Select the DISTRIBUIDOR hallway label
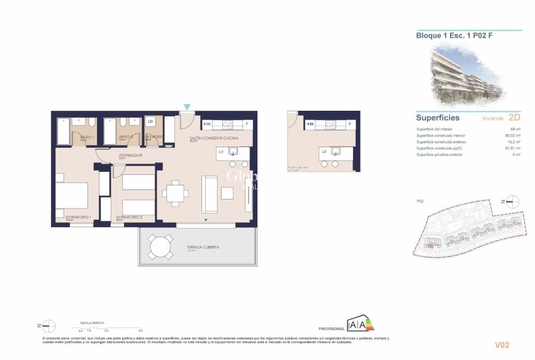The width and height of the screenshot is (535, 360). tap(130, 155)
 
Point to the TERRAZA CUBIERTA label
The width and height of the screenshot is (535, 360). tap(203, 247)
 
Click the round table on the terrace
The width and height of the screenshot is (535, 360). tap(160, 247)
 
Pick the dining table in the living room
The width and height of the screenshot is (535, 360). tap(174, 193)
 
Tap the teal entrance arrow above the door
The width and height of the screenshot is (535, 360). tap(186, 107)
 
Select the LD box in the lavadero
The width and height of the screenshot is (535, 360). tap(151, 121)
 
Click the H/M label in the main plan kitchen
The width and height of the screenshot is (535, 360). tap(207, 125)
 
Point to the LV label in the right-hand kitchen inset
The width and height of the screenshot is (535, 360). tap(324, 152)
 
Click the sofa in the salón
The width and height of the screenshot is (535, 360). tap(209, 194)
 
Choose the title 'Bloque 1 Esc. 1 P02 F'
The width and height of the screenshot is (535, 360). tap(454, 35)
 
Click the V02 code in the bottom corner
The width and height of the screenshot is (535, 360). tap(501, 344)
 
